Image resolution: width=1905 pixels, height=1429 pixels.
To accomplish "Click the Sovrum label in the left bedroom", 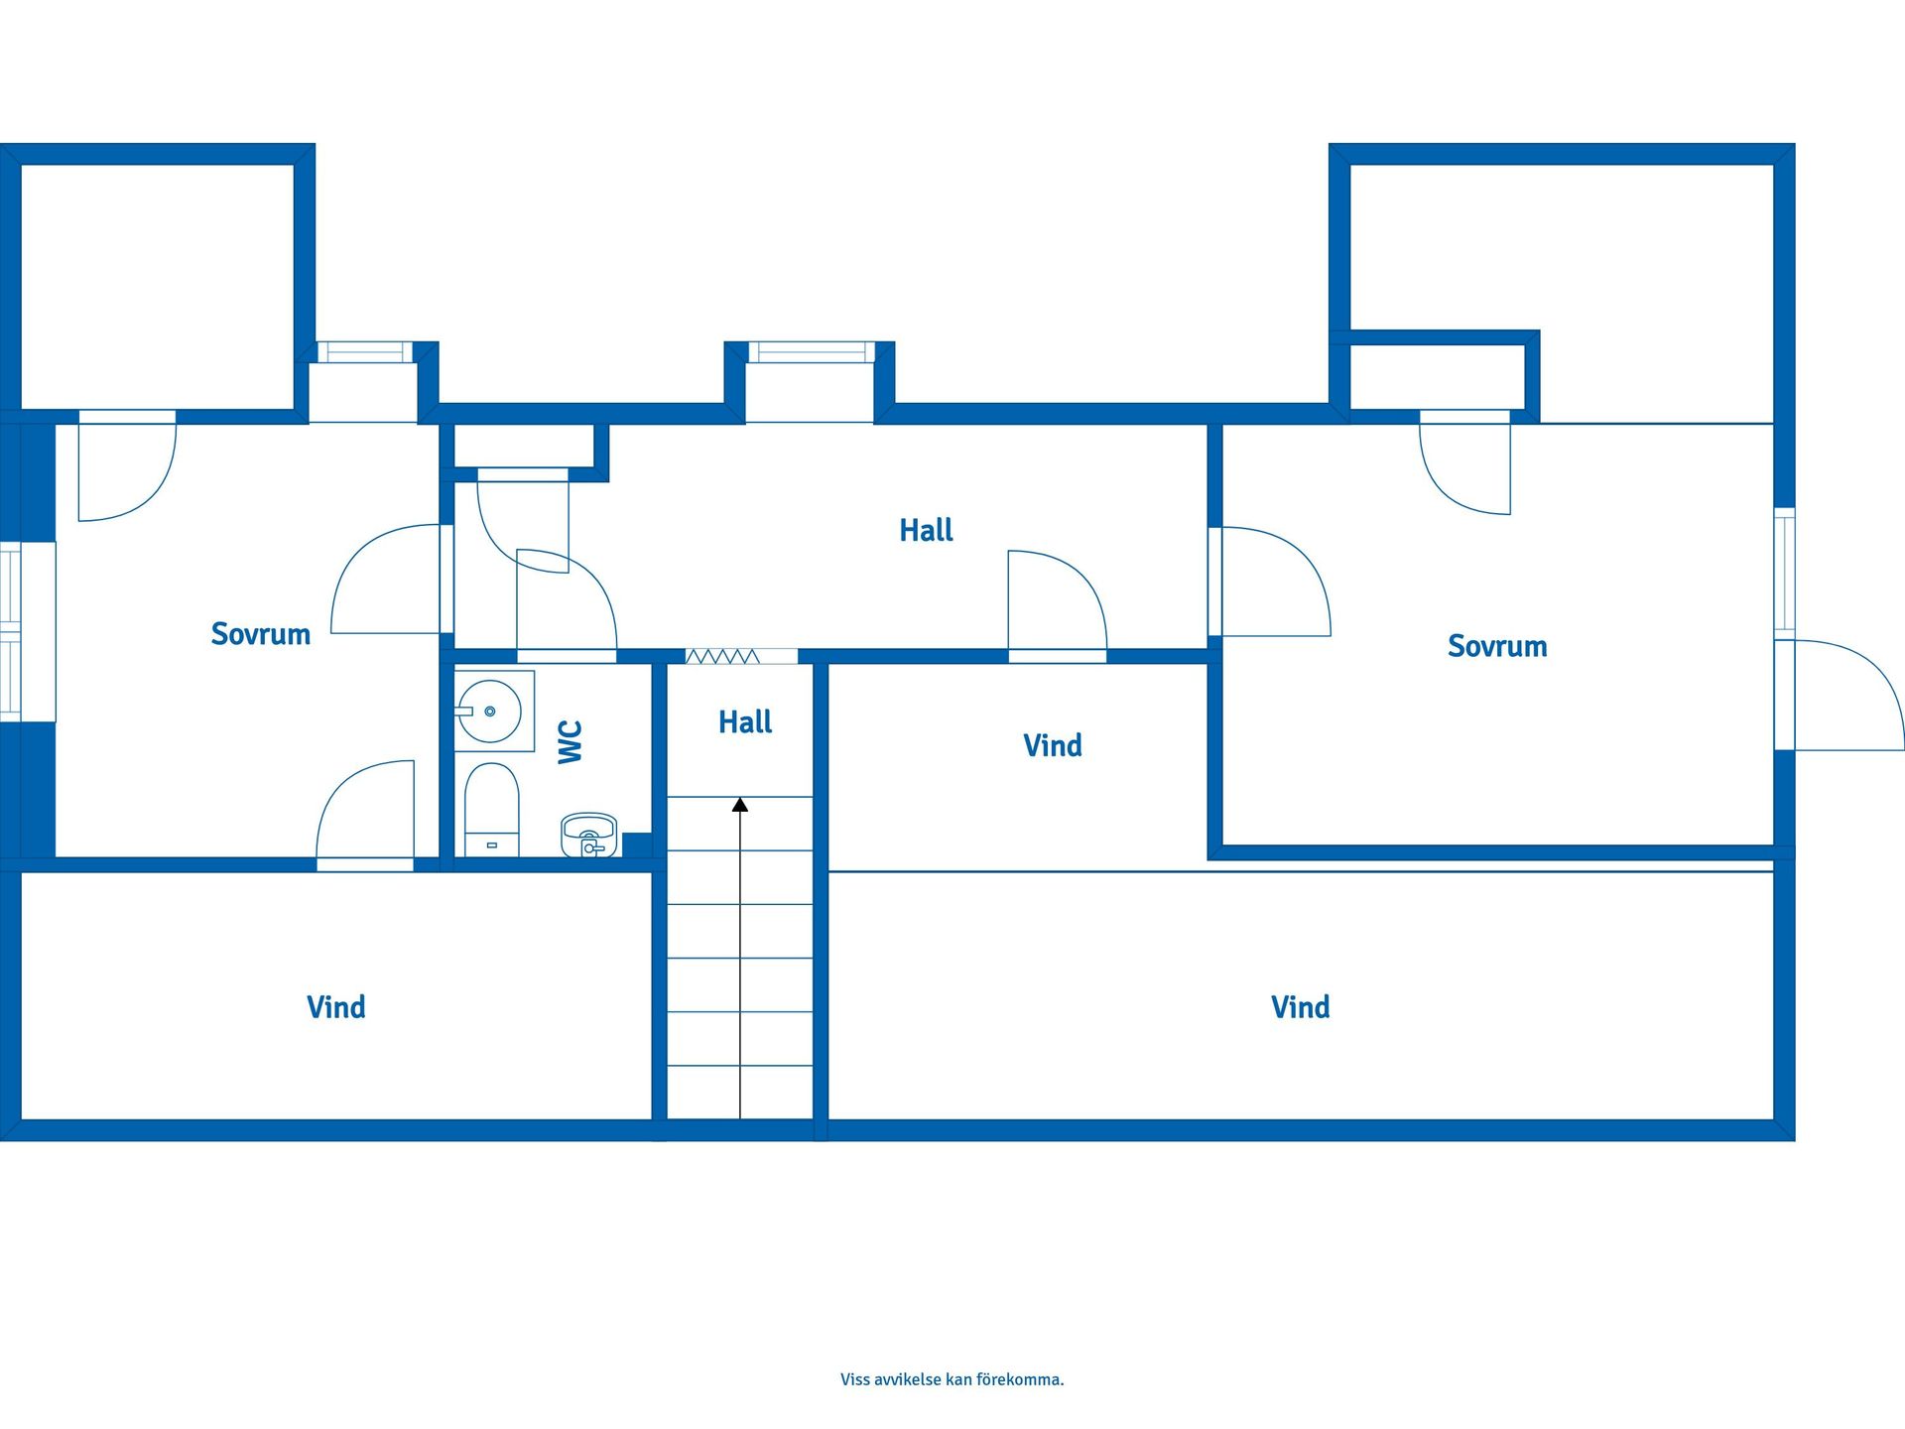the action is tap(261, 634).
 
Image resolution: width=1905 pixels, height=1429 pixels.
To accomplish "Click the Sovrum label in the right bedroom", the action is tap(1497, 646).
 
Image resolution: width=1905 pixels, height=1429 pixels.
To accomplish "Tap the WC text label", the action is tap(571, 741).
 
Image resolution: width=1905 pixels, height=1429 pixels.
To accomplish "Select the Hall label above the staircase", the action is tap(745, 721).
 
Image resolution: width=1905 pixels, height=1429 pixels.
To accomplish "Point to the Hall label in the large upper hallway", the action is tap(926, 530).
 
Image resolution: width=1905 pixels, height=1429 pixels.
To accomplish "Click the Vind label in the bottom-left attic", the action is tap(336, 1007).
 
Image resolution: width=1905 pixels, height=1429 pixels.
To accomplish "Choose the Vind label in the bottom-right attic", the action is tap(1301, 1007).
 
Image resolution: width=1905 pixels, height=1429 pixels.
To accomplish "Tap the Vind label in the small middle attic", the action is tap(1053, 745).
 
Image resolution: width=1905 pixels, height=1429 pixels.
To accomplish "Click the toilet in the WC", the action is tap(492, 810).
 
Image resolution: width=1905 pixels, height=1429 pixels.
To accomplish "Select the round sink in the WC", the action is tap(489, 712).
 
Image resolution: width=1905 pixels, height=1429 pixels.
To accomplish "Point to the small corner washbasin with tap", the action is tap(589, 836).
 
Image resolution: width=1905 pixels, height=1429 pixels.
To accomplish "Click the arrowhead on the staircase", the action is tap(740, 805).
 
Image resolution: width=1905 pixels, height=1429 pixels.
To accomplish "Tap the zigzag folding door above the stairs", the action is tap(722, 656).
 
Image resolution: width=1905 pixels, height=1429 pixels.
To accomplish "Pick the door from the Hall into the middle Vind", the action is tap(1058, 606).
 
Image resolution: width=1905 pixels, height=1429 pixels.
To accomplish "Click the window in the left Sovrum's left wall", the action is tap(11, 631).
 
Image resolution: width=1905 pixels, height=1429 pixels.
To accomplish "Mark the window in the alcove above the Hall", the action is tap(812, 352).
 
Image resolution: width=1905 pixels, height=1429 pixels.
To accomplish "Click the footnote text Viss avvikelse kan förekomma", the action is tap(952, 1379).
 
